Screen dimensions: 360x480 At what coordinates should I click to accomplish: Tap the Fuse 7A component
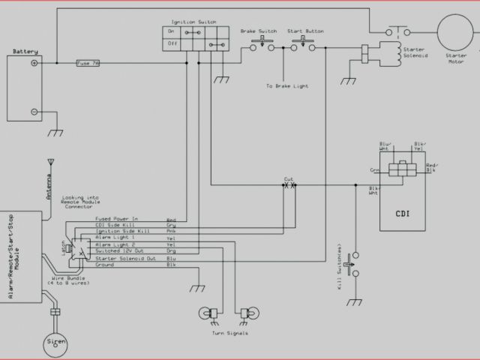(88, 64)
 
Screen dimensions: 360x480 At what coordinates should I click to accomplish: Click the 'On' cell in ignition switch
(172, 32)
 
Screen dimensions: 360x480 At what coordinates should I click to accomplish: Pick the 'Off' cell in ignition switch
(172, 43)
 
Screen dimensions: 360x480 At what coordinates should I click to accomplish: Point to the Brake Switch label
(258, 31)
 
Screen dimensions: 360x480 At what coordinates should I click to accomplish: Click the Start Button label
(304, 31)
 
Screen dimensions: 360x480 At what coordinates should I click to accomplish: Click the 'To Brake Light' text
(286, 86)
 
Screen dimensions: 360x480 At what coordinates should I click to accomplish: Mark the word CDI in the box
(403, 212)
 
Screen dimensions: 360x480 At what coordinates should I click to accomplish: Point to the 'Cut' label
(289, 178)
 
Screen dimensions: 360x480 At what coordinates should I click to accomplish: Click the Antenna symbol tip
(50, 160)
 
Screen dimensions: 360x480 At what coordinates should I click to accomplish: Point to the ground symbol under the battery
(55, 133)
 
